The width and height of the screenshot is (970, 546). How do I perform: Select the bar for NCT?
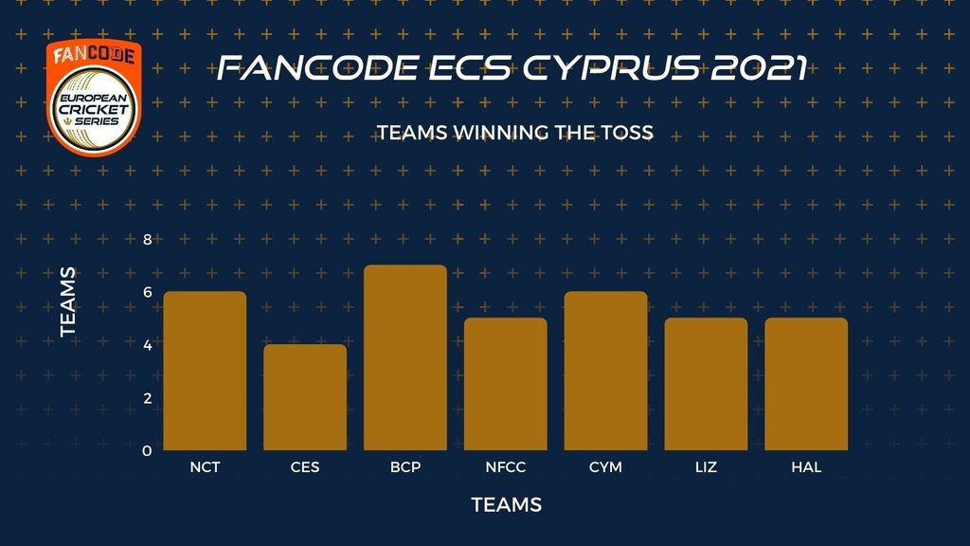pos(205,371)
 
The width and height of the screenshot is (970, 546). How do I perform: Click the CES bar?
pos(305,397)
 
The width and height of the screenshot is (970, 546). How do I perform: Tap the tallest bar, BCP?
pos(405,357)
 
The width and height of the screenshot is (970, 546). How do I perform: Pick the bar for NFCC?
pos(506,384)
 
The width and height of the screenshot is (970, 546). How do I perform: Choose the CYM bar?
pos(605,371)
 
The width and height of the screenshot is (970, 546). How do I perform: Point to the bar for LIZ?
pos(706,384)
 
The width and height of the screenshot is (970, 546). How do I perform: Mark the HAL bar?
pos(806,384)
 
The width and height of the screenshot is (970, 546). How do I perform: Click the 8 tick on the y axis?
pos(147,240)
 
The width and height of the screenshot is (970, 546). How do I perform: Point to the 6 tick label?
pos(147,292)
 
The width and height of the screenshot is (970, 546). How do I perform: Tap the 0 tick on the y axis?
pos(147,450)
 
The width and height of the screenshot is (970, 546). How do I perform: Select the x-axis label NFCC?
pos(506,466)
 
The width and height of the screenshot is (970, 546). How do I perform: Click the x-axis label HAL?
pos(806,466)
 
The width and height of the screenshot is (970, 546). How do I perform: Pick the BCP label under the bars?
pos(405,466)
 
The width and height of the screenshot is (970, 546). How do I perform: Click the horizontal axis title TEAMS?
pos(507,504)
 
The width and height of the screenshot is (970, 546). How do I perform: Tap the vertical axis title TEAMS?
pos(68,301)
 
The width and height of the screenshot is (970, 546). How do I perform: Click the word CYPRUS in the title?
pos(612,67)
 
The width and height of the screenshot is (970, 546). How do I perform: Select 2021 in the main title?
pos(759,67)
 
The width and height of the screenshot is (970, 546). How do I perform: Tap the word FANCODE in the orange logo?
pos(94,55)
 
